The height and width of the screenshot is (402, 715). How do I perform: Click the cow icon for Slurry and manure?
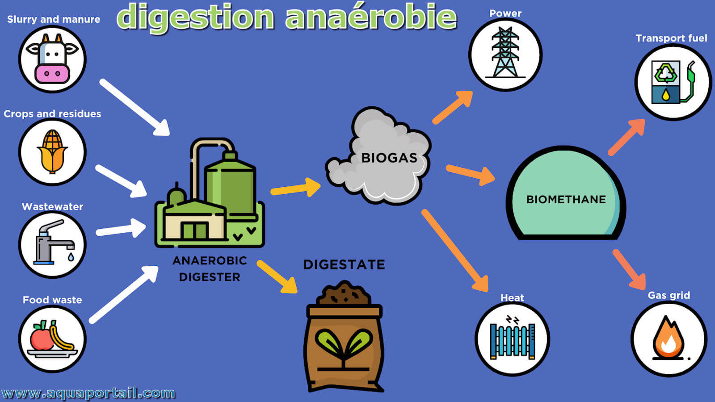52,59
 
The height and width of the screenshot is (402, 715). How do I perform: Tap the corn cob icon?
52,151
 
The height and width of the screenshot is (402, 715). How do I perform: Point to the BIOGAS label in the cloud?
389,158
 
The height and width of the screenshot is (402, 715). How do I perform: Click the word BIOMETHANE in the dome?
566,199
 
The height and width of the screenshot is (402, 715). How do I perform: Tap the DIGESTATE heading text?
344,264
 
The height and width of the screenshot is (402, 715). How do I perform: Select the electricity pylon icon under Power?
505,53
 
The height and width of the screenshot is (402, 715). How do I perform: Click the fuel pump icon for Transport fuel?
673,82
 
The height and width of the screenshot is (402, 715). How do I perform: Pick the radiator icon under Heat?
512,338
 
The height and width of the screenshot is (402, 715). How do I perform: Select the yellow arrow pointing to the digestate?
277,276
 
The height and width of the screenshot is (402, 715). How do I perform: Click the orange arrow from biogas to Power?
453,107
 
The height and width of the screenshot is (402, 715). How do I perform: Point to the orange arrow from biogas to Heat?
455,251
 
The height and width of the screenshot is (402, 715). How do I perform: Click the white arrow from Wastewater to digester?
121,228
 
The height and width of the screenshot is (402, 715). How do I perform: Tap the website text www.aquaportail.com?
88,393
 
